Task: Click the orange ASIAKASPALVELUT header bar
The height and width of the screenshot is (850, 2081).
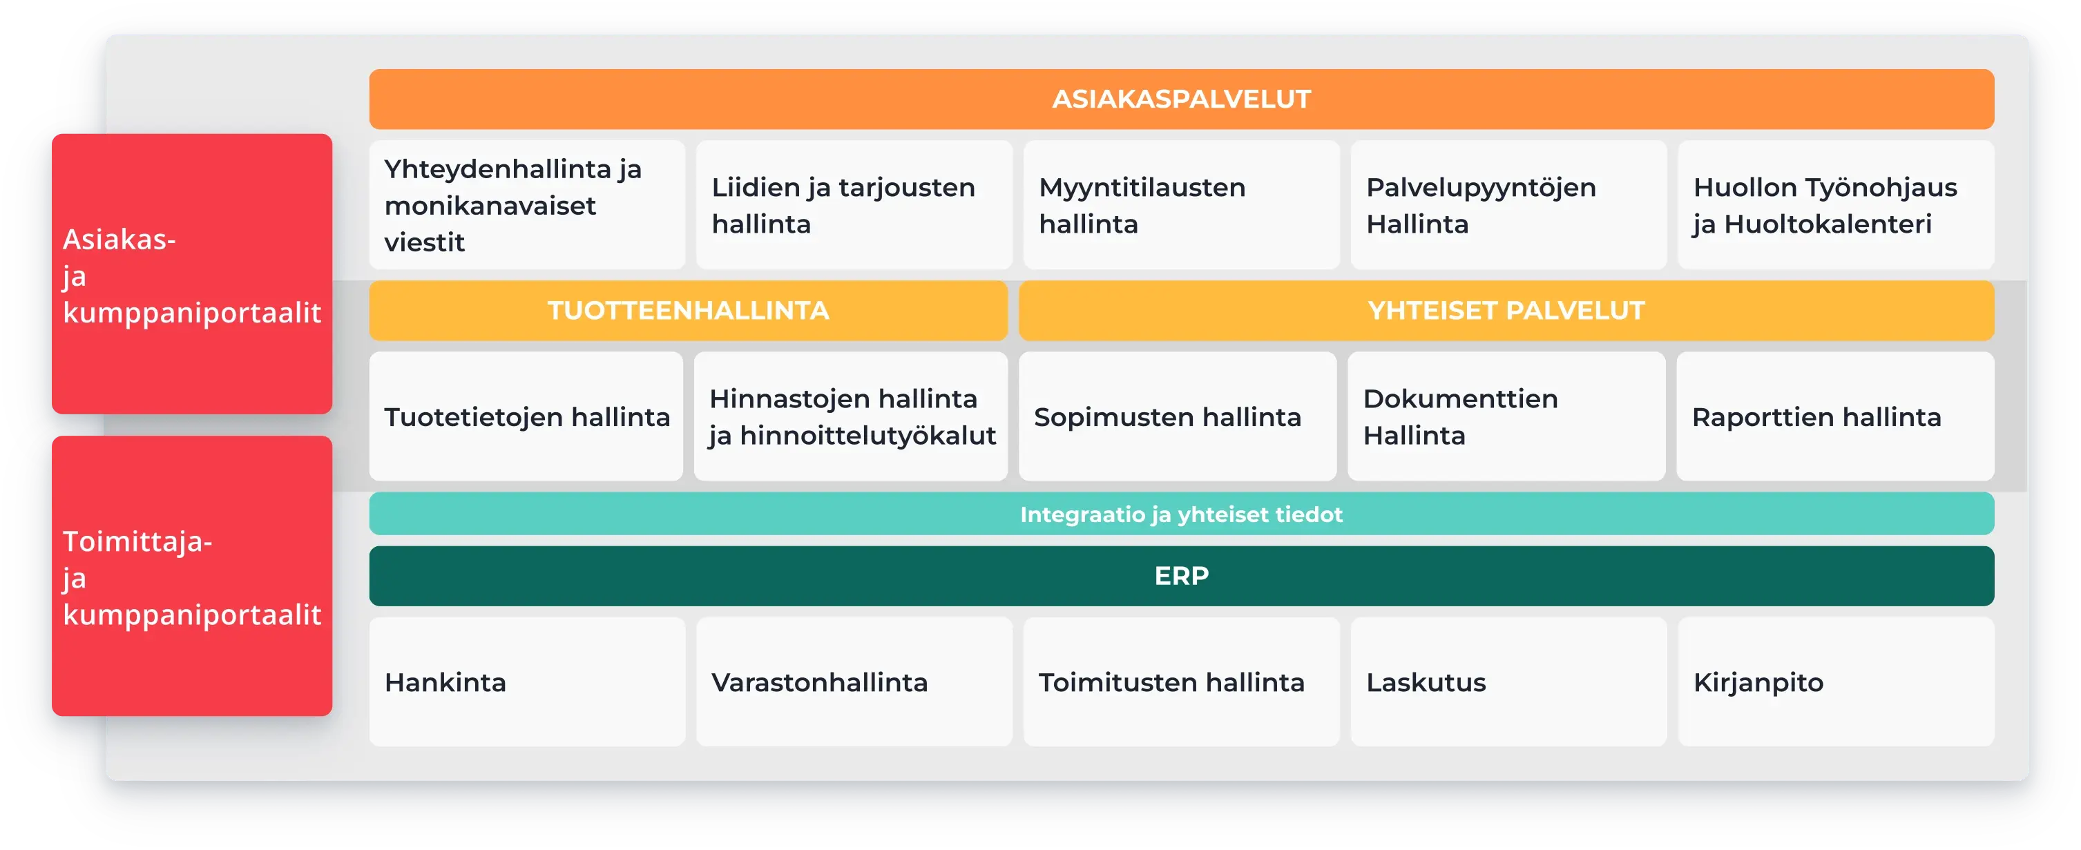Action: pyautogui.click(x=1181, y=99)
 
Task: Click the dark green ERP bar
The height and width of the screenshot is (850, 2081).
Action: pyautogui.click(x=1181, y=576)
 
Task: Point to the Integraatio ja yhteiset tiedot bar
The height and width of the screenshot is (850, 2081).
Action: pyautogui.click(x=1181, y=514)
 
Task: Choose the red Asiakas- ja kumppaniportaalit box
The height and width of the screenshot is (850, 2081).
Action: pyautogui.click(x=192, y=275)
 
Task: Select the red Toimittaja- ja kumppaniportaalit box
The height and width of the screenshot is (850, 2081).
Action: pyautogui.click(x=192, y=577)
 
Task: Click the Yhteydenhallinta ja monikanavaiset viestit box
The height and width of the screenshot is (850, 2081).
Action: pyautogui.click(x=527, y=205)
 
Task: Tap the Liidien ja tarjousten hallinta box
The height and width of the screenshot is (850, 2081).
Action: pyautogui.click(x=854, y=205)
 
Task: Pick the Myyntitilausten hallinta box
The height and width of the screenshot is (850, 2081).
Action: pyautogui.click(x=1181, y=205)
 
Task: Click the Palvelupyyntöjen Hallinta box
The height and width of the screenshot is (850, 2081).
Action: pyautogui.click(x=1508, y=205)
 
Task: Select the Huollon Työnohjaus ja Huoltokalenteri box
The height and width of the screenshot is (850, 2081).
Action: pyautogui.click(x=1835, y=205)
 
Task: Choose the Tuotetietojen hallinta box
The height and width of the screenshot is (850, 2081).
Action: pyautogui.click(x=527, y=417)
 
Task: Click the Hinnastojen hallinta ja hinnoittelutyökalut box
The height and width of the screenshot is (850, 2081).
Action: pyautogui.click(x=852, y=417)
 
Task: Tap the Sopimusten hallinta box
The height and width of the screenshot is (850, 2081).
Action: pyautogui.click(x=1177, y=417)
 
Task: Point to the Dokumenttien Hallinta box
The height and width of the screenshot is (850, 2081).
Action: pyautogui.click(x=1506, y=417)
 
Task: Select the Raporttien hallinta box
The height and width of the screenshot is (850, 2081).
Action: pyautogui.click(x=1834, y=417)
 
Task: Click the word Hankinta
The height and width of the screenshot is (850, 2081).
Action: pyautogui.click(x=445, y=683)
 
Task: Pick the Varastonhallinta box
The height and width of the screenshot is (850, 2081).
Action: pyautogui.click(x=854, y=683)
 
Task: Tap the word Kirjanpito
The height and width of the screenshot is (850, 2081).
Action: pyautogui.click(x=1758, y=683)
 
